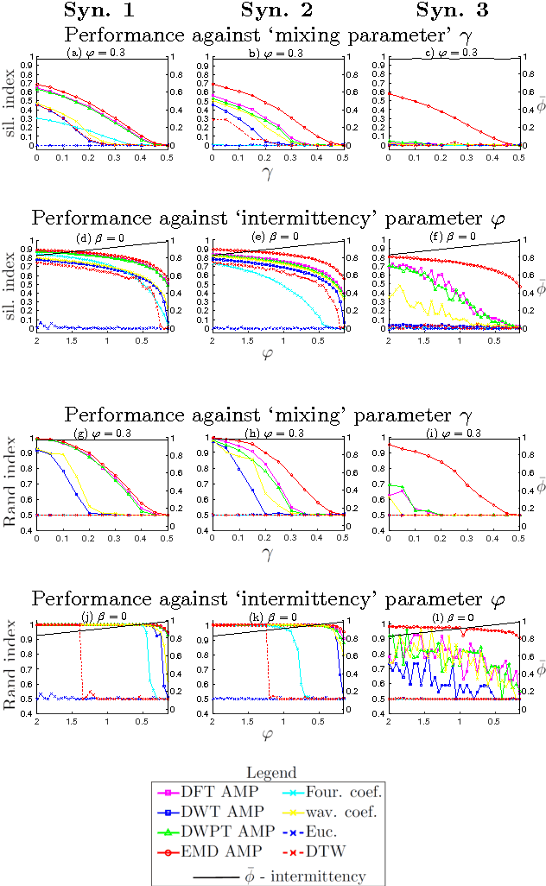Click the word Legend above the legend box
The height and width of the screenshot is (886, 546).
[x=273, y=772]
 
